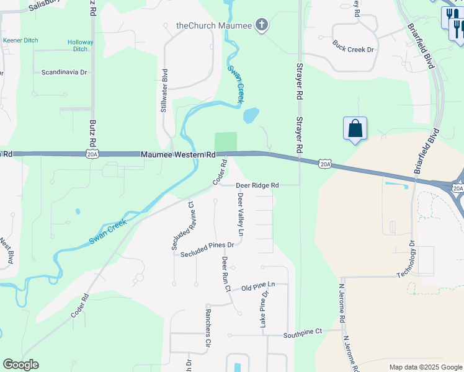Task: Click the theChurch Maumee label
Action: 213,25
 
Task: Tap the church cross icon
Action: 262,25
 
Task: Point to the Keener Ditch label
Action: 20,40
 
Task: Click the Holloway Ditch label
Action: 81,45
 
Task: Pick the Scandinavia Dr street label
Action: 64,72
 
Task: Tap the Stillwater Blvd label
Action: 164,91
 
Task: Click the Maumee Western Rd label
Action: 177,154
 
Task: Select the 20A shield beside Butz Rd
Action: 92,154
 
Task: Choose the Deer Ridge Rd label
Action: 257,185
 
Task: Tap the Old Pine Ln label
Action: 258,287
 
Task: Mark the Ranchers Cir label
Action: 208,327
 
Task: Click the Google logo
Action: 20,365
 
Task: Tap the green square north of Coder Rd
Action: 226,141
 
